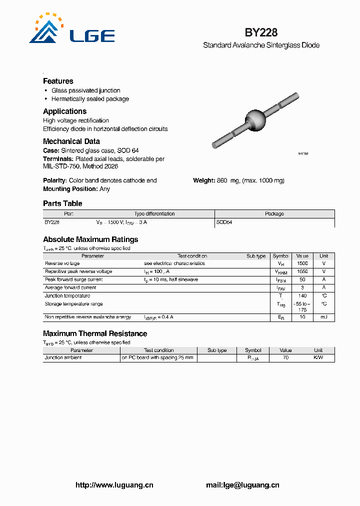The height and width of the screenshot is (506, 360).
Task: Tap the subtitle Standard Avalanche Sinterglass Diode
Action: (261, 45)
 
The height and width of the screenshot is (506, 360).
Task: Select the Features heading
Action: (58, 81)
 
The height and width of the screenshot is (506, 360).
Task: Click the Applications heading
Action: (64, 111)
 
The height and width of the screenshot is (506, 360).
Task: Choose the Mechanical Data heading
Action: (71, 141)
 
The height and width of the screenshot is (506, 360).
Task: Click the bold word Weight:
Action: (204, 180)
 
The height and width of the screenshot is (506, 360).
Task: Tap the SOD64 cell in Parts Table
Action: (224, 222)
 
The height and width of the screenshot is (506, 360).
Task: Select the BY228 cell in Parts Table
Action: (52, 222)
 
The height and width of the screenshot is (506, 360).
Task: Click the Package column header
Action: (274, 214)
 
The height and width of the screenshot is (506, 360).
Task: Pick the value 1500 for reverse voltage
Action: (302, 263)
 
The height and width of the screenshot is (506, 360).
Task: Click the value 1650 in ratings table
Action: (302, 271)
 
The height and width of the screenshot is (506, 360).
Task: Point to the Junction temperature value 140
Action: (302, 296)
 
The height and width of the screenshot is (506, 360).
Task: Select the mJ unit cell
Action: (324, 317)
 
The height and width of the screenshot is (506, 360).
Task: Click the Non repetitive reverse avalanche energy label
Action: (88, 317)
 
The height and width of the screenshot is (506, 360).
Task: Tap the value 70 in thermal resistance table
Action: (285, 358)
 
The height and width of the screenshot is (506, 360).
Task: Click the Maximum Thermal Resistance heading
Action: (95, 333)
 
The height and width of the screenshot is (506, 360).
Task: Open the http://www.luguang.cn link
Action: (114, 484)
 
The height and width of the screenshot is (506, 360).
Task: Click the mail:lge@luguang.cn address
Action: (242, 484)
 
